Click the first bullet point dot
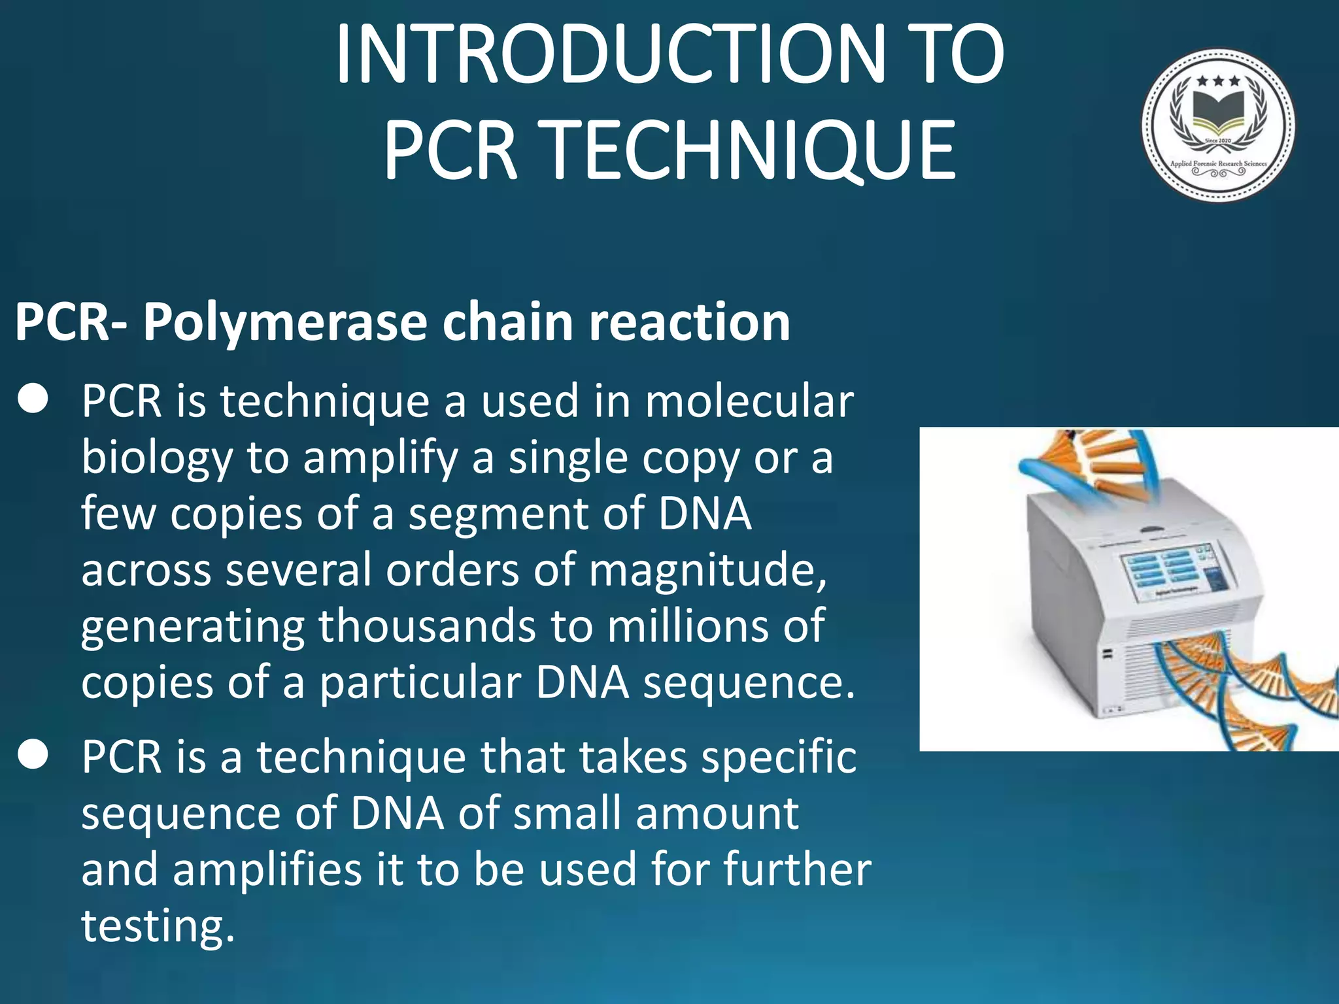pyautogui.click(x=33, y=399)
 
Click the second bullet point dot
pyautogui.click(x=33, y=755)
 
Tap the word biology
pyautogui.click(x=157, y=458)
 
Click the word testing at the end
pyautogui.click(x=157, y=926)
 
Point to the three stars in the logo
pyautogui.click(x=1218, y=82)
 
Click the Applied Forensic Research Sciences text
pyautogui.click(x=1218, y=163)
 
